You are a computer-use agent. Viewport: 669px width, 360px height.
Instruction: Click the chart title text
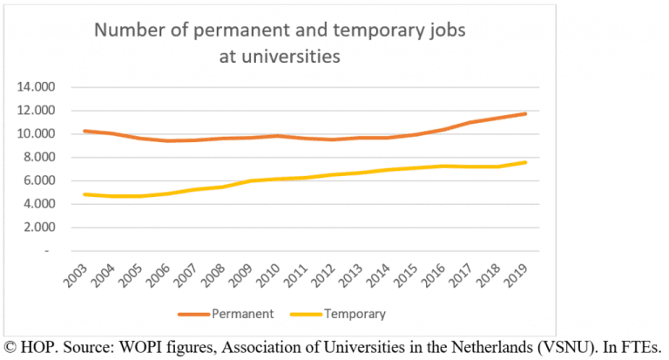tap(280, 44)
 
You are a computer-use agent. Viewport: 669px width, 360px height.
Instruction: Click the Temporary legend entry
tap(354, 313)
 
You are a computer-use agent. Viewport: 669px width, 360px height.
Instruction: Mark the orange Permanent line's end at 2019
tap(525, 113)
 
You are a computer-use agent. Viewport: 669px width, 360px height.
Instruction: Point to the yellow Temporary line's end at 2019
tap(525, 162)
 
